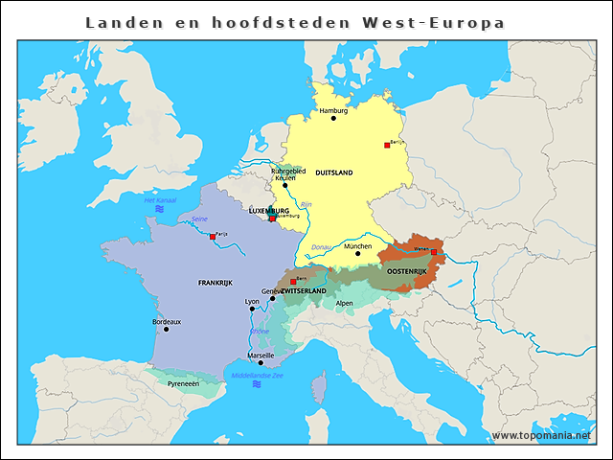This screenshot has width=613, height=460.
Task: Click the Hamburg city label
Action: click(333, 110)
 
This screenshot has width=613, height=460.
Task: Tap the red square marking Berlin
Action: click(387, 145)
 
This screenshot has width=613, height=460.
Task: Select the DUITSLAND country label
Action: click(333, 172)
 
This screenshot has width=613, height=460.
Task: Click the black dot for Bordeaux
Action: click(166, 330)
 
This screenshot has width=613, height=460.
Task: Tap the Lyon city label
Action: click(253, 302)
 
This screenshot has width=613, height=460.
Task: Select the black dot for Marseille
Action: click(261, 363)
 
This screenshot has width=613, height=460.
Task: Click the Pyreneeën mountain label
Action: click(183, 383)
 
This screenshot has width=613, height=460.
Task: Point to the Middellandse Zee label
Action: click(257, 375)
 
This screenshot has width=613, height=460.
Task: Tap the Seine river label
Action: click(199, 219)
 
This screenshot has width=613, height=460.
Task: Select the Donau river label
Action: click(321, 247)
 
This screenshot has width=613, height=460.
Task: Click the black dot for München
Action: click(357, 253)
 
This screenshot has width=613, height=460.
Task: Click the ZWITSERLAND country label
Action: click(304, 290)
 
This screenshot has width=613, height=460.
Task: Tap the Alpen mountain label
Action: click(345, 303)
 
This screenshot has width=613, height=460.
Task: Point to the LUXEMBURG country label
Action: click(269, 211)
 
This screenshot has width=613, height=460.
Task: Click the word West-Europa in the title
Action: click(443, 21)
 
